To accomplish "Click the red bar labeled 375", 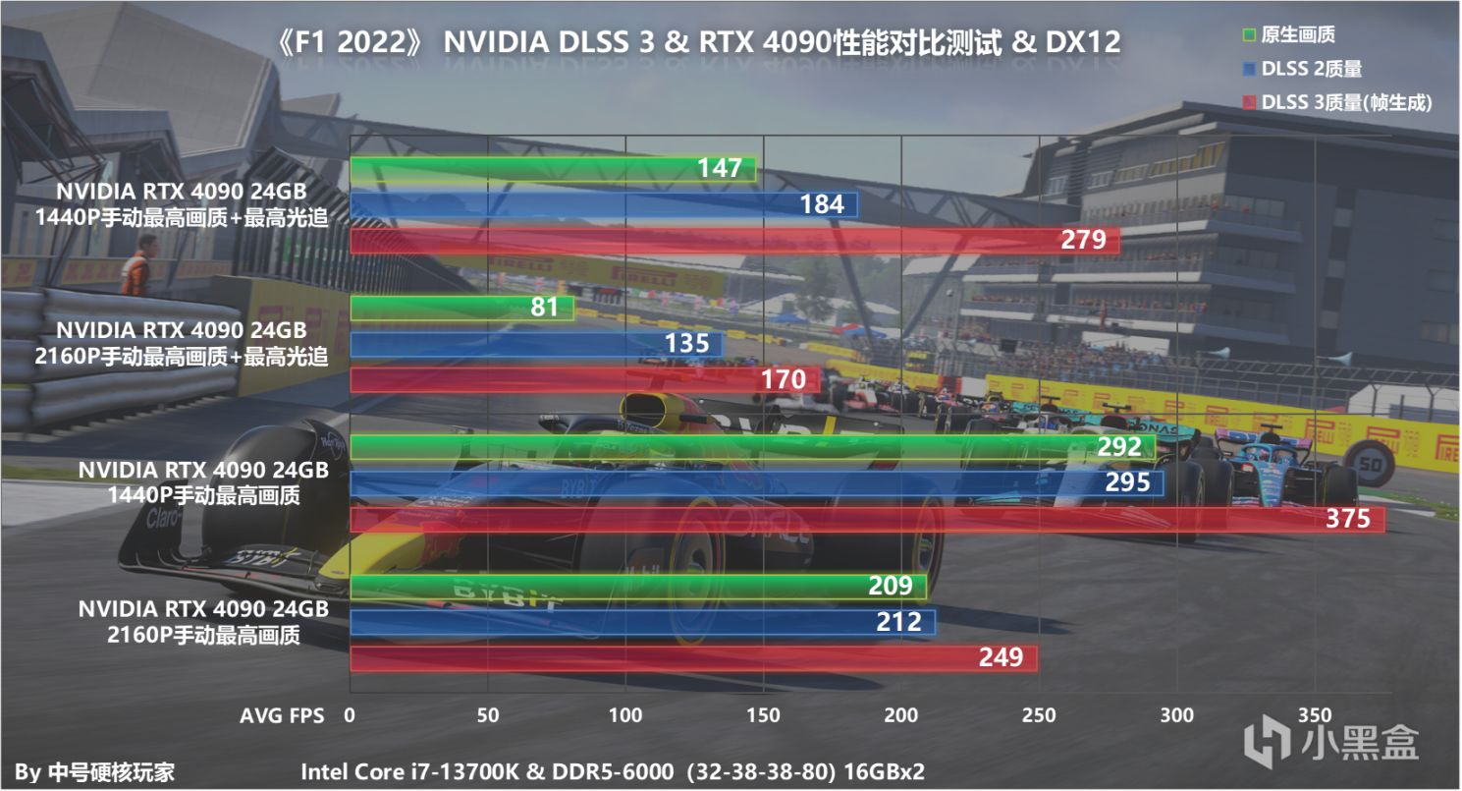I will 867,520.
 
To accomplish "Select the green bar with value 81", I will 461,308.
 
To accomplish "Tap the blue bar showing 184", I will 604,204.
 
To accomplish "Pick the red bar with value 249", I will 693,657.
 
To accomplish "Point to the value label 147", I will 720,169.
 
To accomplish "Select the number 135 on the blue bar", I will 686,344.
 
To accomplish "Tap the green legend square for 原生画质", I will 1249,36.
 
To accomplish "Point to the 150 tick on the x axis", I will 763,715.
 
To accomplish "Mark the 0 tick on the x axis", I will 351,715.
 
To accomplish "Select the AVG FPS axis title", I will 282,716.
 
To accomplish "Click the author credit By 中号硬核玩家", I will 96,772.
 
